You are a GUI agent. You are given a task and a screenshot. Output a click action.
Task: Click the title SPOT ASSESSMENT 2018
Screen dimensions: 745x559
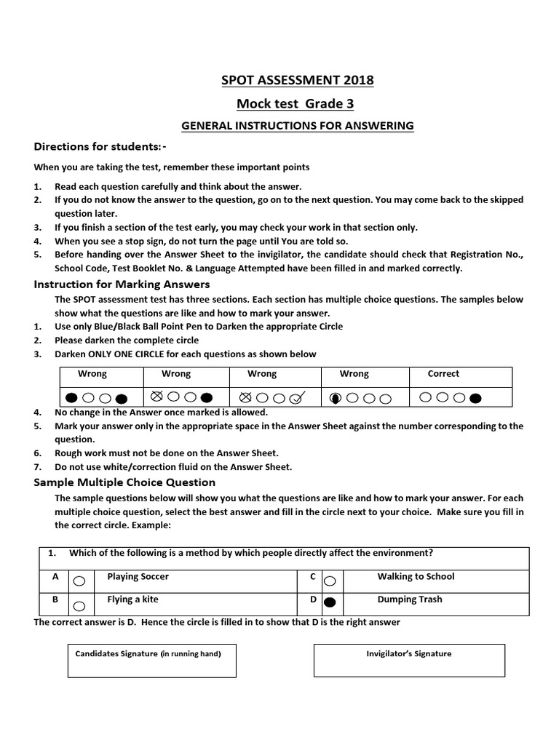click(297, 79)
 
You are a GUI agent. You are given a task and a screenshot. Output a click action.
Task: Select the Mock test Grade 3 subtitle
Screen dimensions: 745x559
click(297, 103)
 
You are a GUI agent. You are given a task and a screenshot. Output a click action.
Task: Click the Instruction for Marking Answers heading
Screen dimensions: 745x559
click(122, 284)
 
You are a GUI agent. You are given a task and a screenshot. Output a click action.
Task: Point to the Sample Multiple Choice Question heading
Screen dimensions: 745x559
click(124, 482)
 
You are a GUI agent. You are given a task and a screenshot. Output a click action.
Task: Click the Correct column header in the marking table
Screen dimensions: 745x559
click(443, 373)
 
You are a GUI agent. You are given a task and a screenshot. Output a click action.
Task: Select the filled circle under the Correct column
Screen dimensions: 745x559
click(475, 398)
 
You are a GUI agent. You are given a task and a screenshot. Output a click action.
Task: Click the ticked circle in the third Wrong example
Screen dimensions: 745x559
click(296, 398)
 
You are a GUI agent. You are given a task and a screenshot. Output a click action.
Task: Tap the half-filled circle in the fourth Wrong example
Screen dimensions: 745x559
click(336, 398)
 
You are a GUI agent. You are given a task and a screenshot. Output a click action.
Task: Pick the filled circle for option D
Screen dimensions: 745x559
click(329, 602)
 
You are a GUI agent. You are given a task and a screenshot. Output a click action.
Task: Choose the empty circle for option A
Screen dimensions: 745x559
click(79, 581)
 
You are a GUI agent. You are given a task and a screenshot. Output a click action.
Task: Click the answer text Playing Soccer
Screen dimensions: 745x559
click(138, 576)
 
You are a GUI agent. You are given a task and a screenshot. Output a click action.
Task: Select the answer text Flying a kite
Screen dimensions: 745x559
click(132, 599)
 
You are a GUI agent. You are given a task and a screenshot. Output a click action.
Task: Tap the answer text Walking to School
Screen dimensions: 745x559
click(416, 576)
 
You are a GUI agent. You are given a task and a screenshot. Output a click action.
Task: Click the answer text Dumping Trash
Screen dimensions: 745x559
click(409, 599)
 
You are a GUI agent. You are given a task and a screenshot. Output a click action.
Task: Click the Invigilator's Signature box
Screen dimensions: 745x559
click(408, 659)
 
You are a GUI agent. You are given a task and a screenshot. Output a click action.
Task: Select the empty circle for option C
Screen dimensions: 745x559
click(329, 581)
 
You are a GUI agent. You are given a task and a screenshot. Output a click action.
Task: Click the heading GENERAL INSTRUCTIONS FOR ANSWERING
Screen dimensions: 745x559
click(297, 126)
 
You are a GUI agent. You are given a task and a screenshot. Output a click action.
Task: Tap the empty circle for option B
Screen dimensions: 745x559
click(79, 605)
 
